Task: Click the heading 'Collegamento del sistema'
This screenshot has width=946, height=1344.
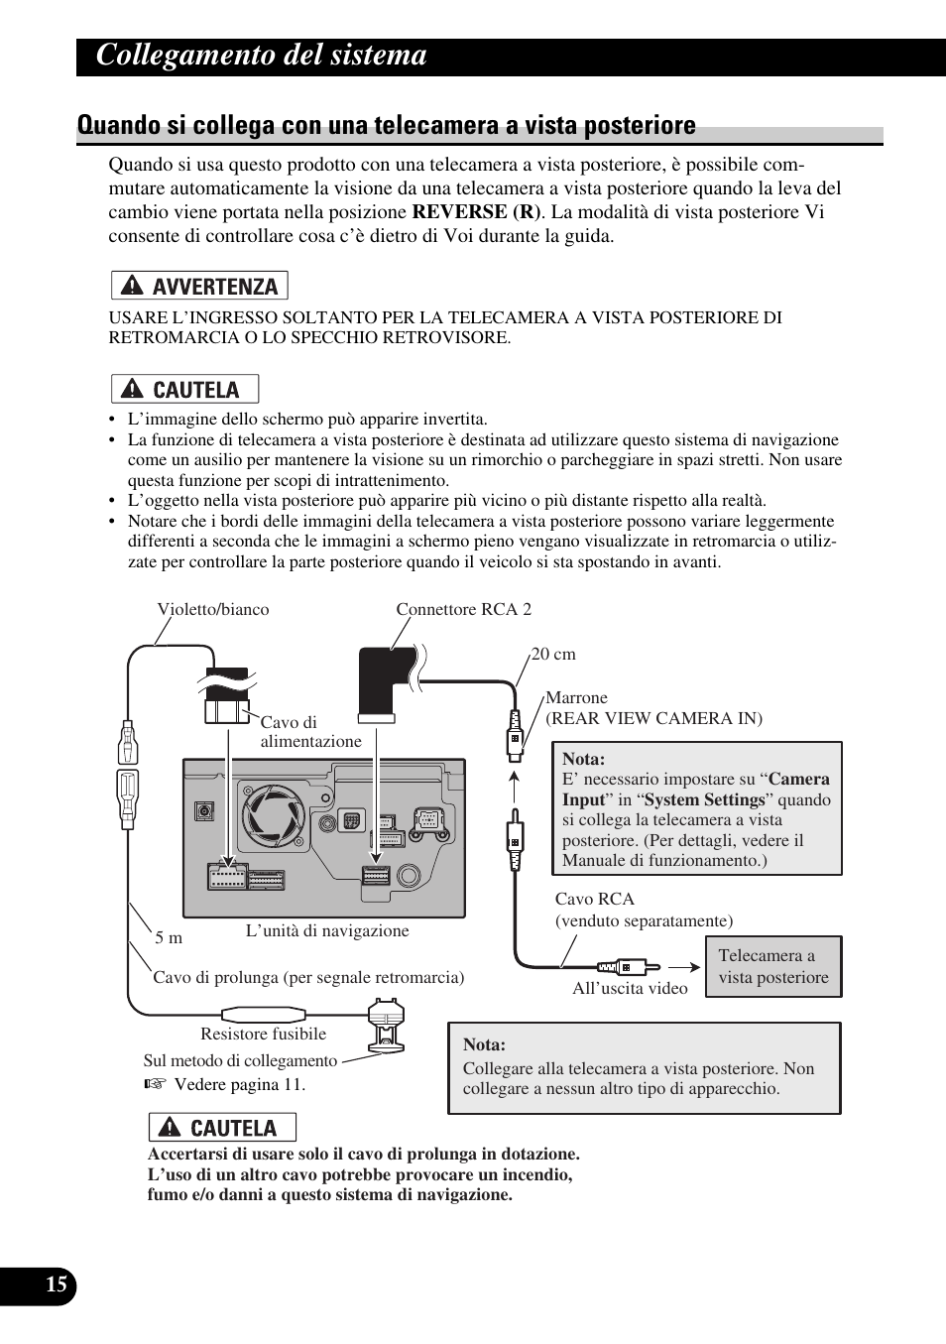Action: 262,56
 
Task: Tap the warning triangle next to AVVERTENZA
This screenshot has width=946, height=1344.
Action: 130,287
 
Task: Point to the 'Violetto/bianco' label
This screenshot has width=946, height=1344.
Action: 212,609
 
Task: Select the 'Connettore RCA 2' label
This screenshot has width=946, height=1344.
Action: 463,609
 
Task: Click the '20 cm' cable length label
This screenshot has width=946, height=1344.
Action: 553,654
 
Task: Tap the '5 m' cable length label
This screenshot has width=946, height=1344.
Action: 169,937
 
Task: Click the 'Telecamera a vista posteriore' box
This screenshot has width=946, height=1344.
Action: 772,966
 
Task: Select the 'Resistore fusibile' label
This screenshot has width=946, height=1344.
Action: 263,1034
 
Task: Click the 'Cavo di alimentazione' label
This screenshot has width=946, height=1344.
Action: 310,732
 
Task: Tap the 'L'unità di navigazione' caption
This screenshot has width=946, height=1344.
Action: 327,930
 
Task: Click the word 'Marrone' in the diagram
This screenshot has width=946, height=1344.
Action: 576,697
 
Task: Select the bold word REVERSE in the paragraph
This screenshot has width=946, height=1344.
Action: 459,212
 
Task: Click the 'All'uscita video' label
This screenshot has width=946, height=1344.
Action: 630,988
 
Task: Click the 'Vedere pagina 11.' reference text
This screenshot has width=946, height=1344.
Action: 239,1084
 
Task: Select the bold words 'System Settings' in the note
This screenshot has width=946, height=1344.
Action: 705,799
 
